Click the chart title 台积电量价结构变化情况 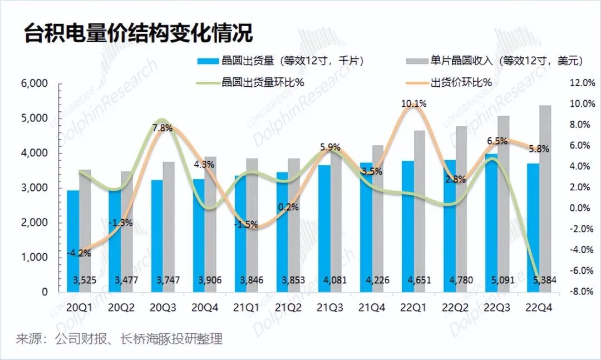(x=139, y=33)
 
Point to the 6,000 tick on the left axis (x=34, y=83)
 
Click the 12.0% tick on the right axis (x=583, y=83)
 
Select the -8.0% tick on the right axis (x=582, y=292)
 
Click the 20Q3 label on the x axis (x=162, y=308)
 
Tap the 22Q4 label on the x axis (x=539, y=308)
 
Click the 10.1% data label (x=413, y=103)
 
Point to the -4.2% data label (x=79, y=253)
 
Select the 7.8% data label (x=162, y=129)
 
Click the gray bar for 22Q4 (x=545, y=199)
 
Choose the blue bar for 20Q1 (x=73, y=241)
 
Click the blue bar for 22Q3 (x=491, y=223)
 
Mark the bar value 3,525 (x=85, y=280)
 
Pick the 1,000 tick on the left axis (x=34, y=257)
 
